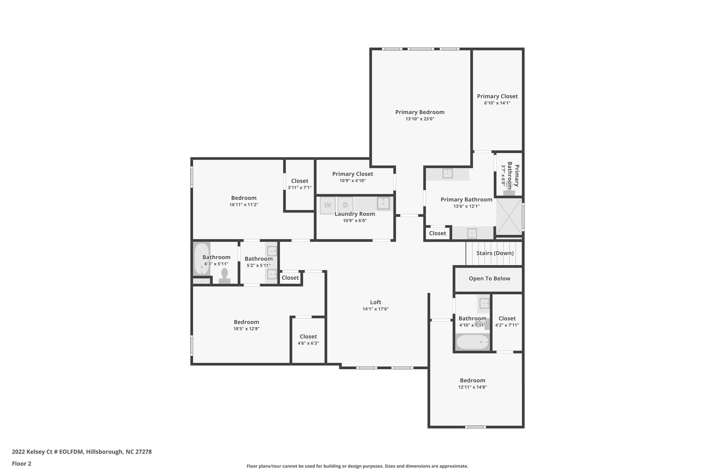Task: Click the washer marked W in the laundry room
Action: pyautogui.click(x=328, y=205)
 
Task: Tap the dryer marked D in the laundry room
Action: pyautogui.click(x=345, y=205)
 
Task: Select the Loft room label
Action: pyautogui.click(x=376, y=302)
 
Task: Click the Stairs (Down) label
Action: pyautogui.click(x=495, y=253)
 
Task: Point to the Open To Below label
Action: pyautogui.click(x=489, y=279)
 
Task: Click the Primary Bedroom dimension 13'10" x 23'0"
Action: pyautogui.click(x=420, y=119)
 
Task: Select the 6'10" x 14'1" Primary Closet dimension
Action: pyautogui.click(x=497, y=103)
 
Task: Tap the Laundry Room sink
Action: pyautogui.click(x=383, y=203)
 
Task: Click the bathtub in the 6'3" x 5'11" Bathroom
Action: pyautogui.click(x=202, y=259)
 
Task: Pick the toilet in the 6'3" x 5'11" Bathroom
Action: pyautogui.click(x=224, y=276)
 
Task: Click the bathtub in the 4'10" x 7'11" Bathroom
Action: pyautogui.click(x=473, y=342)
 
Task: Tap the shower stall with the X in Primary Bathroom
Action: pyautogui.click(x=509, y=216)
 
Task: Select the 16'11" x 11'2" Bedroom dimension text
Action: pyautogui.click(x=244, y=205)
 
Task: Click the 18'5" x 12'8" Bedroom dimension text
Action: pyautogui.click(x=246, y=329)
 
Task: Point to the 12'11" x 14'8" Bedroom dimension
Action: pyautogui.click(x=473, y=387)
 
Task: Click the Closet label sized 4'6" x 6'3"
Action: pyautogui.click(x=308, y=337)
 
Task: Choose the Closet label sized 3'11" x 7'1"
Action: pyautogui.click(x=300, y=181)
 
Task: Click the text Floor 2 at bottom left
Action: pyautogui.click(x=22, y=463)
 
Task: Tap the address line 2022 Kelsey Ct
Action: pyautogui.click(x=82, y=452)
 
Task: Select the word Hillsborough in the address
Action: pyautogui.click(x=104, y=452)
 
